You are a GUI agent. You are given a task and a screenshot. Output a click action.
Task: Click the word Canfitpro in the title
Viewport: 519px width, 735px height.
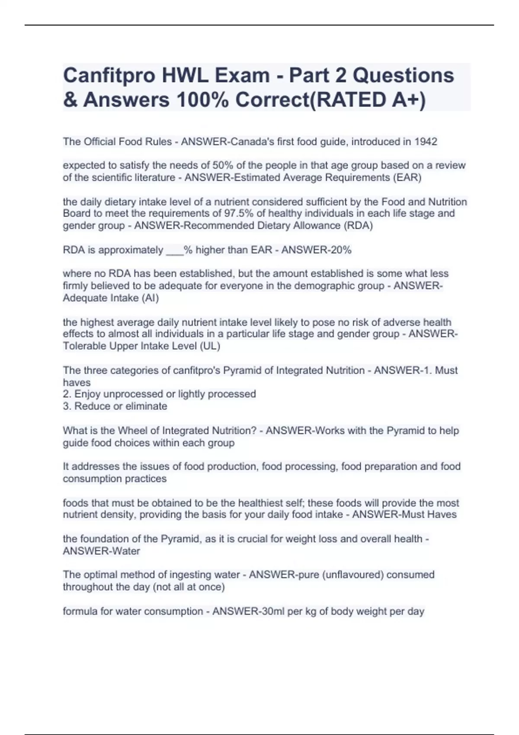coord(109,76)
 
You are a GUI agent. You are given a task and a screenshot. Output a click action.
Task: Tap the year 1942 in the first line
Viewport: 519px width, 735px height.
coord(426,142)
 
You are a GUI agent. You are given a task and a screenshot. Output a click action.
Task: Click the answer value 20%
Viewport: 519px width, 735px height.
coord(340,250)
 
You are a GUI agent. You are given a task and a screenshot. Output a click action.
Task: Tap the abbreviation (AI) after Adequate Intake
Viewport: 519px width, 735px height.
coord(150,298)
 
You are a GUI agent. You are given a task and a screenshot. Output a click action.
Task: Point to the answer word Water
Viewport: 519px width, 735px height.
coord(125,551)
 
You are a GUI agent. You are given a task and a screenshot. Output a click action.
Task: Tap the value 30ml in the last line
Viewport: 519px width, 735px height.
coord(270,611)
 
